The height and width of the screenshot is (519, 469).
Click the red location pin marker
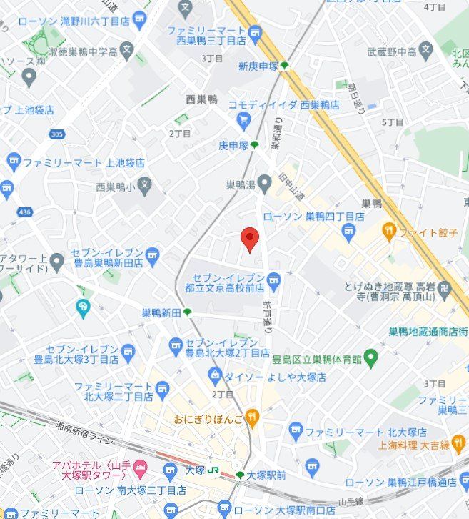(249, 239)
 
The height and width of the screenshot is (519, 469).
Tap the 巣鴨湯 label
(240, 185)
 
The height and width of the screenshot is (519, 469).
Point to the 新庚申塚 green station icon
(285, 66)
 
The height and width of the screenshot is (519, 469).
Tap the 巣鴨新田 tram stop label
(161, 312)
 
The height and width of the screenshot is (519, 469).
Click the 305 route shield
(58, 134)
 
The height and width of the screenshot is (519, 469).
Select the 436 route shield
(25, 212)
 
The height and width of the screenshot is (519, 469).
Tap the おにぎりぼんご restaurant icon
(251, 417)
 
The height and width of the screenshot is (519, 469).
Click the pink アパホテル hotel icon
(140, 470)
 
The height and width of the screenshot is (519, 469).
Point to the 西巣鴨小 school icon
(144, 186)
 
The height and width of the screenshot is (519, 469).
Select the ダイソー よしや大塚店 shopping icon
(214, 375)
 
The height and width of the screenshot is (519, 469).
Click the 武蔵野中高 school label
(390, 51)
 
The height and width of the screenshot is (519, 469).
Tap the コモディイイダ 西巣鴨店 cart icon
(244, 119)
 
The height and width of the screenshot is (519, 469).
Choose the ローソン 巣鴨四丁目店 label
(314, 216)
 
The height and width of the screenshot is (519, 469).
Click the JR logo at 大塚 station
(213, 471)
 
